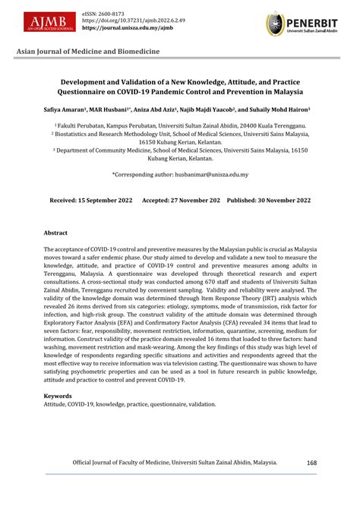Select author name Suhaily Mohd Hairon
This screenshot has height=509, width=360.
[x=271, y=109]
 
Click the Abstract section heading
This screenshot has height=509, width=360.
[x=55, y=232]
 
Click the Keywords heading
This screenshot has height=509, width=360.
[x=58, y=396]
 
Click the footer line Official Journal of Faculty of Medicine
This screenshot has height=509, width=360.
[x=175, y=461]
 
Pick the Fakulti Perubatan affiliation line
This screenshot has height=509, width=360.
[x=180, y=124]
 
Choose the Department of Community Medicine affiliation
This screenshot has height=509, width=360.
[x=180, y=150]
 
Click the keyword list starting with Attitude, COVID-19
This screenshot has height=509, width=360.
[x=128, y=405]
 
